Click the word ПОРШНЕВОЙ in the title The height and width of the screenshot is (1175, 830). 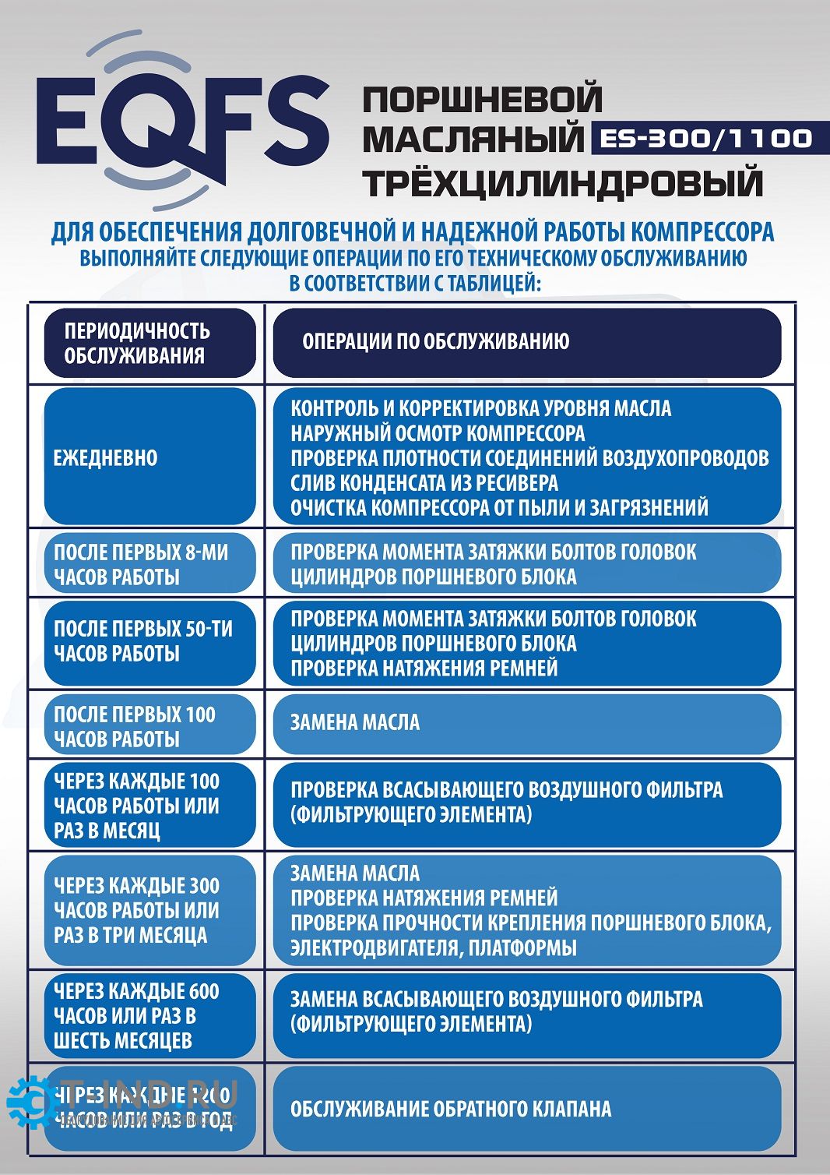tap(483, 100)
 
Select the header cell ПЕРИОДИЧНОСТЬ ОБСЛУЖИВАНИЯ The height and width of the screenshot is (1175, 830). tap(149, 343)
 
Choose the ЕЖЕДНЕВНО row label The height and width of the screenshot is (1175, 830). tap(105, 457)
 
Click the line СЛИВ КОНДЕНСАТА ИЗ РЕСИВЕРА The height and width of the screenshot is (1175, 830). tap(424, 482)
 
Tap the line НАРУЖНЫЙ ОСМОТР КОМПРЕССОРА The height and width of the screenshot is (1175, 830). tap(438, 433)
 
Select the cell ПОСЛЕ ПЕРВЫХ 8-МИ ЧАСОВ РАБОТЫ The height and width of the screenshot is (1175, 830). tap(149, 564)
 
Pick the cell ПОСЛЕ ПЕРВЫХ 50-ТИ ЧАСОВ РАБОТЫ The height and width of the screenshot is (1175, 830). tap(149, 641)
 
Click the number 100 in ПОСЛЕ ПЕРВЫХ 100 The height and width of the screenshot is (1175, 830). tap(200, 715)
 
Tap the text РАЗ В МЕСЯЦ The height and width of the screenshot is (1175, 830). tap(107, 831)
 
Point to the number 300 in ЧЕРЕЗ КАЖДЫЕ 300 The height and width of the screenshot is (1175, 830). tap(203, 886)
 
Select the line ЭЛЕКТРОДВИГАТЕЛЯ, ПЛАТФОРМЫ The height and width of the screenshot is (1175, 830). tap(434, 947)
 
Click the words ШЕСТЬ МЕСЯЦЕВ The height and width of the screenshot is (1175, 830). tap(122, 1040)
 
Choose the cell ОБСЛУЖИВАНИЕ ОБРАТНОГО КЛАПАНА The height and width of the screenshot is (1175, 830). tap(451, 1109)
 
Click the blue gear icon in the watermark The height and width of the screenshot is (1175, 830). tap(28, 1102)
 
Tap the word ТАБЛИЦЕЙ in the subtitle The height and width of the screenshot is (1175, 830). tap(494, 283)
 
